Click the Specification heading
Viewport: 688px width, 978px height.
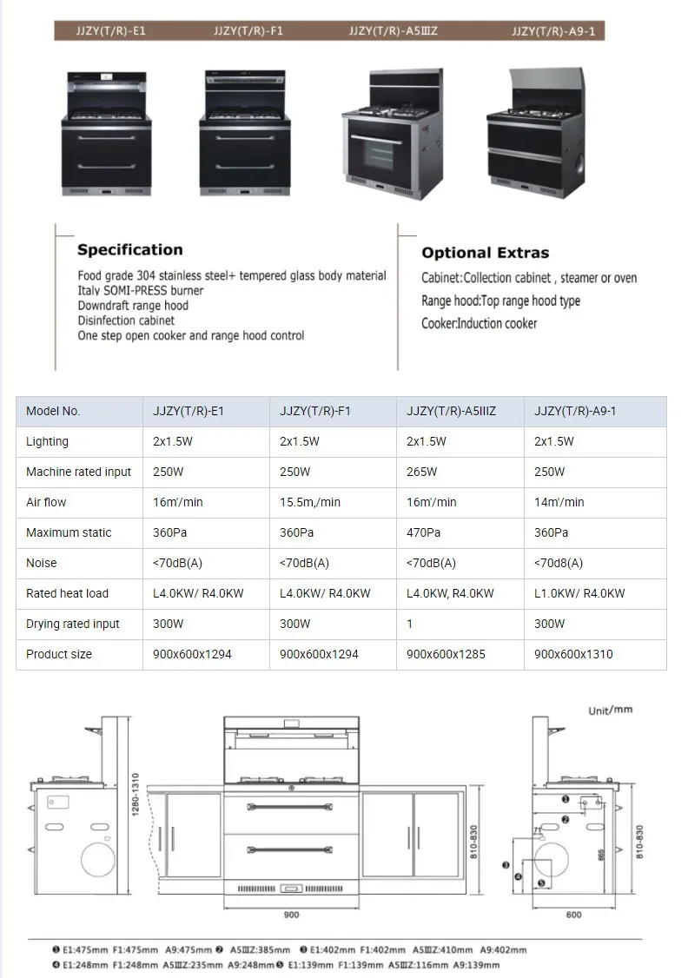click(130, 250)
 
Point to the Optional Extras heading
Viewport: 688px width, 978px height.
click(486, 254)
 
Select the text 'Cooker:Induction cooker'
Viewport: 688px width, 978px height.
click(480, 323)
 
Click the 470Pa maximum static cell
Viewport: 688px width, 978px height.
click(423, 532)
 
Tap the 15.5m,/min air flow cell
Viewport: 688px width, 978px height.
click(310, 502)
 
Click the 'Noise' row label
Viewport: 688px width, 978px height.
click(41, 563)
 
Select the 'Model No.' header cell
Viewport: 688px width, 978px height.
click(53, 411)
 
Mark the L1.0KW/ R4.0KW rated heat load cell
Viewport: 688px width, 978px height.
click(579, 593)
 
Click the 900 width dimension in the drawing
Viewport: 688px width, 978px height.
click(291, 915)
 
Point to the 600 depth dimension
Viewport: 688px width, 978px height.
click(574, 915)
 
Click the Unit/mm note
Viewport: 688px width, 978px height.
click(611, 710)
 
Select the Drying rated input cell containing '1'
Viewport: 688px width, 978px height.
click(409, 624)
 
